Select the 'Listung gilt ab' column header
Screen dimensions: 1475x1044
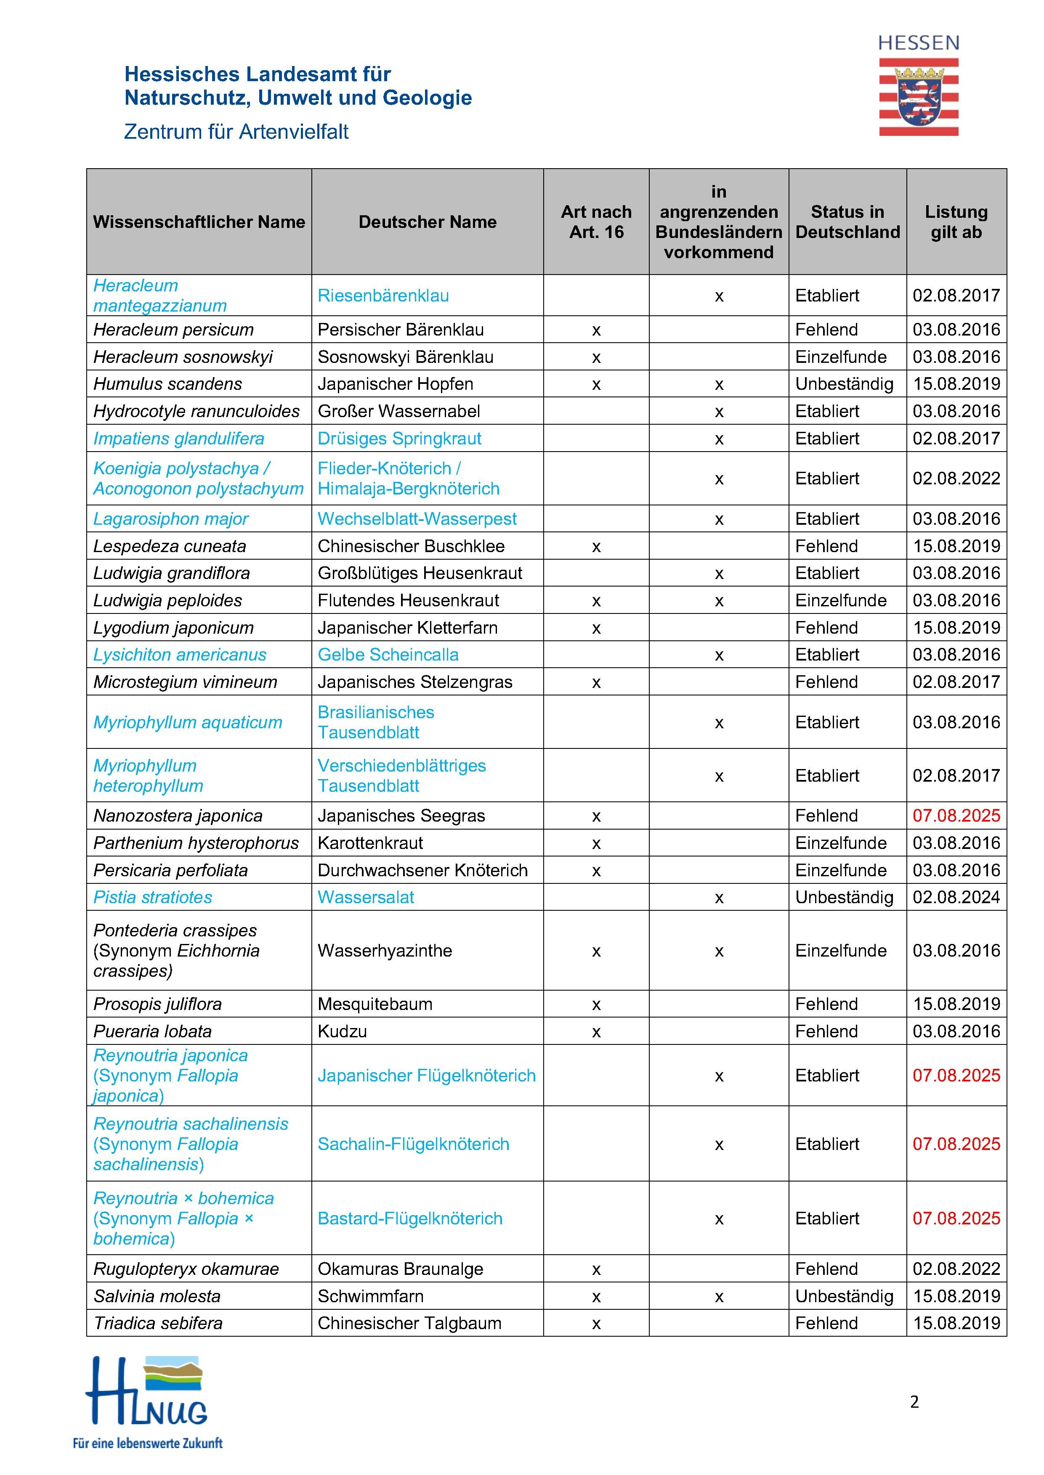956,222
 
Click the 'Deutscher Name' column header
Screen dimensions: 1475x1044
428,222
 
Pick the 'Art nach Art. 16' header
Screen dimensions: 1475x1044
596,222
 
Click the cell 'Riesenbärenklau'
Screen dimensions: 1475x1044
383,296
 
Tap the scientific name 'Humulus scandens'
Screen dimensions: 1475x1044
168,384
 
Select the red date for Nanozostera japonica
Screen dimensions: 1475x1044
956,816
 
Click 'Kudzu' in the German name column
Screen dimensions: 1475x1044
342,1031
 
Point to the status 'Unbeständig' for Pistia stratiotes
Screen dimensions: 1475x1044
844,897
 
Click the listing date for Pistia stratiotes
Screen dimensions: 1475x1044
956,897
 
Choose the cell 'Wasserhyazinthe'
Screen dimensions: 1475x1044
385,951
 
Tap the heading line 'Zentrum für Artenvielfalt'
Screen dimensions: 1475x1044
236,132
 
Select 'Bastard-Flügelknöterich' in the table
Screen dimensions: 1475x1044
409,1219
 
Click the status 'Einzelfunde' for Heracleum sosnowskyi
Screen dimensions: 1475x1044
841,357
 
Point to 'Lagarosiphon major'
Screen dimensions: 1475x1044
171,519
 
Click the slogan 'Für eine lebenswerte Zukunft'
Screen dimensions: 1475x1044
147,1443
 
